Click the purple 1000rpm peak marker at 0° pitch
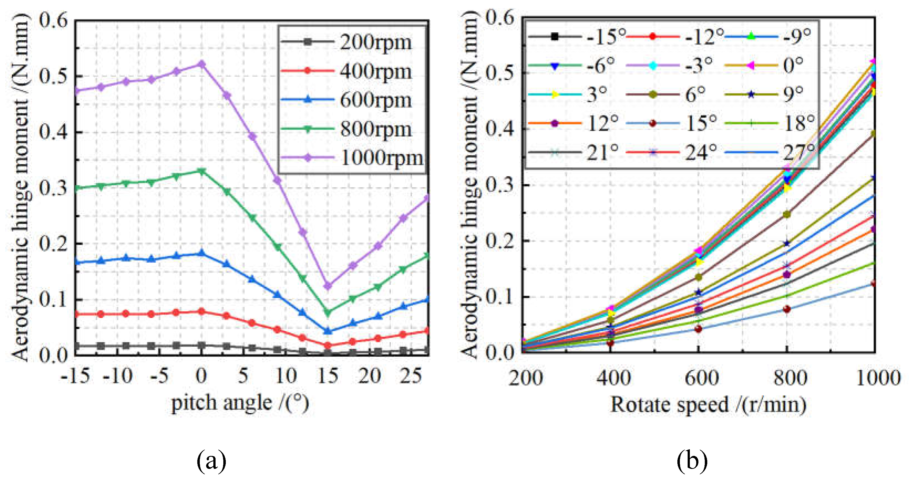(x=201, y=64)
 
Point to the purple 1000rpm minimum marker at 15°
(x=327, y=286)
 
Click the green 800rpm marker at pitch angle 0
(x=201, y=171)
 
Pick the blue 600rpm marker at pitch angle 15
(x=327, y=331)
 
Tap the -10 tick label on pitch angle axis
(x=118, y=376)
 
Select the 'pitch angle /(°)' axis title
(x=240, y=403)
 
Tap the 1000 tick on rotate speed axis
(x=878, y=378)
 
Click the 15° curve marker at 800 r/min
(x=786, y=309)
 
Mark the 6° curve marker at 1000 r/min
(x=874, y=133)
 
